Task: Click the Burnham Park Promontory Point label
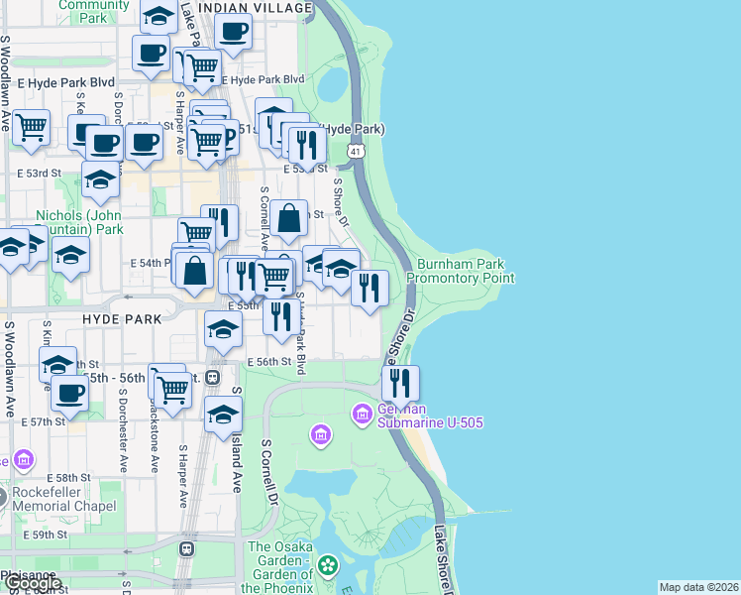pos(461,272)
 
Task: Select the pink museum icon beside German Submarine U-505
pos(362,412)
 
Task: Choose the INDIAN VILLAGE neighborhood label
pos(255,7)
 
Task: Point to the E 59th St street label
pos(49,535)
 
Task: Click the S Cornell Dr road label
pos(267,473)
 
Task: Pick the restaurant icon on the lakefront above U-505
pos(400,384)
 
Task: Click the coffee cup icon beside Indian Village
pos(234,30)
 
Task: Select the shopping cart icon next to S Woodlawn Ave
pos(31,127)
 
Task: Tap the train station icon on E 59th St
pos(185,548)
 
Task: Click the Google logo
pos(32,583)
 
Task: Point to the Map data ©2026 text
pos(697,587)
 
